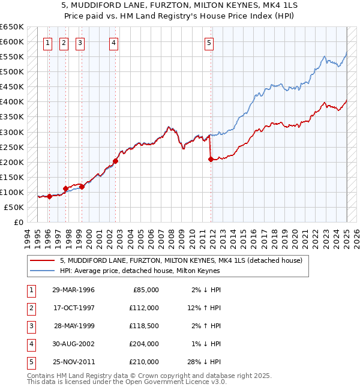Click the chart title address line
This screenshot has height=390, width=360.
click(179, 6)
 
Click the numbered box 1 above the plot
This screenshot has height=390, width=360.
click(47, 43)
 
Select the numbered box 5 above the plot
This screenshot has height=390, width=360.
click(209, 43)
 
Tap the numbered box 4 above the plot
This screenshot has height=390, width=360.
click(113, 43)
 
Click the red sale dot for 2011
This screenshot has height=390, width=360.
click(211, 159)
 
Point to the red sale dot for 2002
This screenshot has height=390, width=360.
click(115, 161)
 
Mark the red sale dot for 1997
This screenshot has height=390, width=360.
click(65, 188)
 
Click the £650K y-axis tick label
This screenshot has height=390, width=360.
click(11, 27)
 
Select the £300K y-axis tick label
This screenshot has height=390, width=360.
click(11, 132)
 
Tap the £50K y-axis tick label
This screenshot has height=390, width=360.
click(14, 207)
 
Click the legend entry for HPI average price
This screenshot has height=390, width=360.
click(140, 271)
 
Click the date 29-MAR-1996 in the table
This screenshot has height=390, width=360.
click(73, 290)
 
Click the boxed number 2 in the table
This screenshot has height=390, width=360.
click(30, 308)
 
